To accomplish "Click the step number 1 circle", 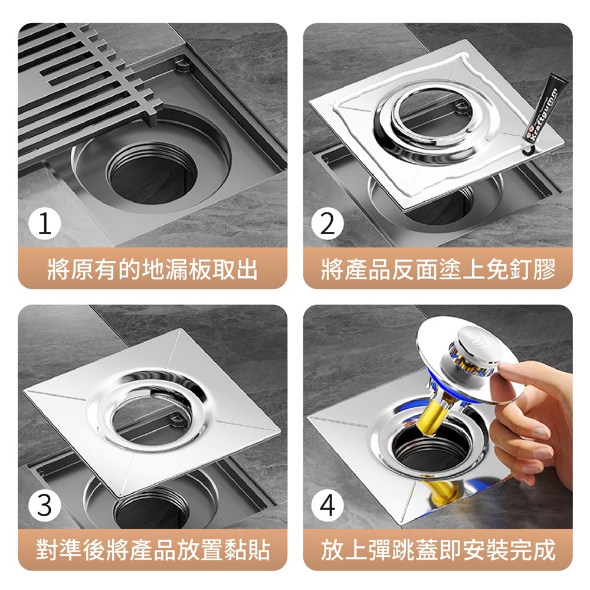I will [x=45, y=225].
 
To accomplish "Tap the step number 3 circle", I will [x=45, y=506].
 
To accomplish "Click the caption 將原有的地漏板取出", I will [x=153, y=270].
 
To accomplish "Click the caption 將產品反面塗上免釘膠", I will [x=438, y=270].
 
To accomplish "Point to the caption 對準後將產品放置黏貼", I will [x=153, y=550].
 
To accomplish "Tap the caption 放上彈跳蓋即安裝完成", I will [x=438, y=550].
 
